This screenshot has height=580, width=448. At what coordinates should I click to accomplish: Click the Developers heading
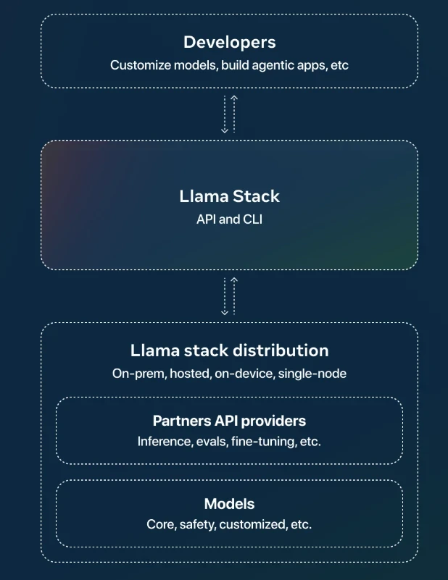[x=229, y=42]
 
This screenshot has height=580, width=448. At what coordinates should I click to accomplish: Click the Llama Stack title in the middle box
[x=229, y=196]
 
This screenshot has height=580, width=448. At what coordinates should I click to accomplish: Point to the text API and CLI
[x=229, y=219]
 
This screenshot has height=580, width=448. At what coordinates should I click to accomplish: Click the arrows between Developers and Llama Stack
[x=229, y=114]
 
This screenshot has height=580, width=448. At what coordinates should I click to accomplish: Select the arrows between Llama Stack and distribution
[x=229, y=295]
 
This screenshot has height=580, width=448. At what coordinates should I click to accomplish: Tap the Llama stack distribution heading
[x=229, y=351]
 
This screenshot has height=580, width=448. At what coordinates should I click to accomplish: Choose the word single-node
[x=312, y=374]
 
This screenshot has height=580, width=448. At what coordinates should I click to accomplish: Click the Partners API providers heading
[x=229, y=421]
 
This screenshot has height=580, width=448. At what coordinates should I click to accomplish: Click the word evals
[x=210, y=441]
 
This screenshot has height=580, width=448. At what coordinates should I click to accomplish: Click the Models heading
[x=229, y=504]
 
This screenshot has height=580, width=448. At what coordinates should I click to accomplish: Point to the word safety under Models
[x=199, y=524]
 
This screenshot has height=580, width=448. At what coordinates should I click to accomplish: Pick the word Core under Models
[x=161, y=524]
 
